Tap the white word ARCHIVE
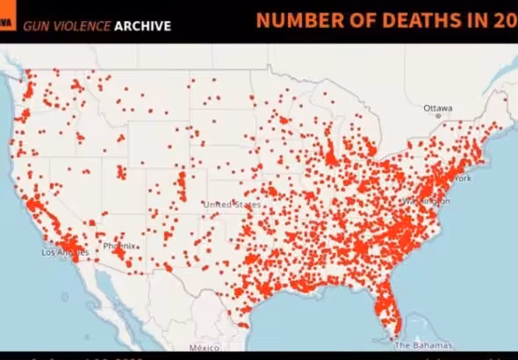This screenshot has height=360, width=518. (x=142, y=26)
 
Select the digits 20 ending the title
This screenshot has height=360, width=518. (x=506, y=21)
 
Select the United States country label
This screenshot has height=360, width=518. (x=232, y=205)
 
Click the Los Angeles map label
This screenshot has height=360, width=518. (x=65, y=253)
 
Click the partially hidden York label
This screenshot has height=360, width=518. (x=462, y=178)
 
